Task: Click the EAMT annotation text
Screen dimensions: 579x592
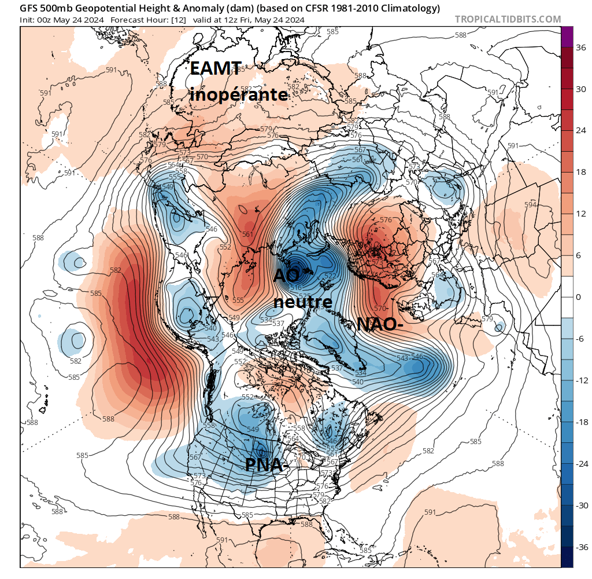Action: click(x=216, y=69)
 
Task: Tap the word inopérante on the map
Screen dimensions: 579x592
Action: click(x=239, y=94)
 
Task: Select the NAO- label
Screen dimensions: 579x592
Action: click(x=380, y=324)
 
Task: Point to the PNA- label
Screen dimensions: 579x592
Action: click(x=267, y=464)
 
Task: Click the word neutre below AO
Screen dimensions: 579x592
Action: click(x=303, y=302)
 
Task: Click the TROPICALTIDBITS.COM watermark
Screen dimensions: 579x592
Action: click(x=508, y=19)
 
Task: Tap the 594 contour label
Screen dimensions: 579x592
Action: click(x=530, y=204)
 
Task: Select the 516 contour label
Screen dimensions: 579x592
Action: click(x=295, y=288)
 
